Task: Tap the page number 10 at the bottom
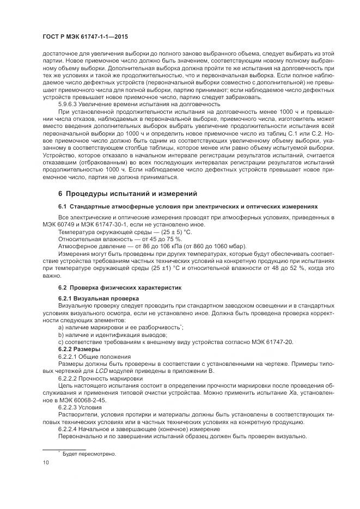[46, 463]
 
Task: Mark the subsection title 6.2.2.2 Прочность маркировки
[101, 377]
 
